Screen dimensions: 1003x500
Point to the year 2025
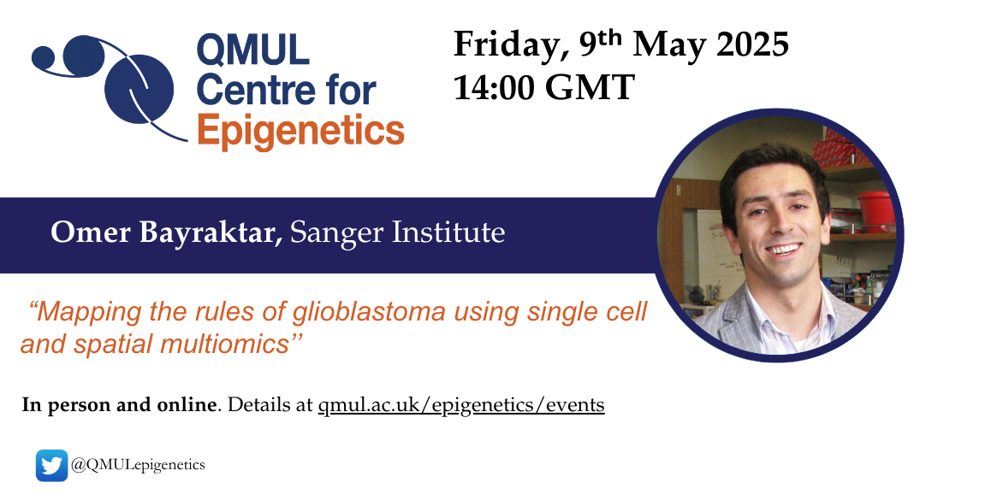pos(752,44)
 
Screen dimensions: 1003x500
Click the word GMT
pos(589,87)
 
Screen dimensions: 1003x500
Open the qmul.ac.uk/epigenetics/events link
pos(461,405)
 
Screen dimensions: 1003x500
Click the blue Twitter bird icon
pos(52,466)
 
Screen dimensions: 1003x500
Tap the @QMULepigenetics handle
pos(138,465)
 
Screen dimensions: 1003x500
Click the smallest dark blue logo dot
pos(44,57)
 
